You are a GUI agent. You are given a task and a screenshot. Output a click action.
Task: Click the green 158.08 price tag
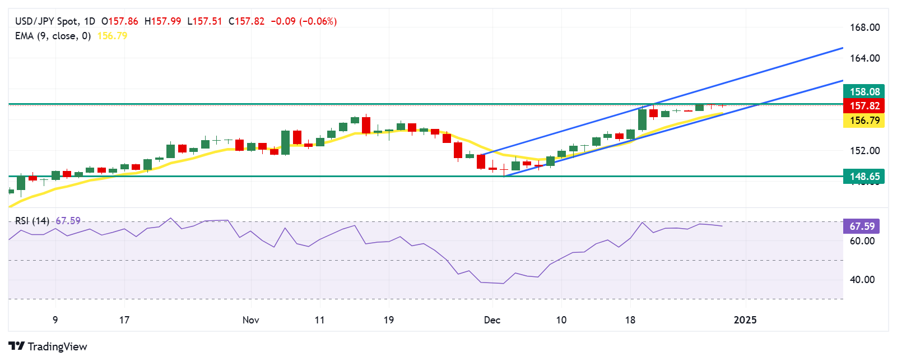[x=864, y=91]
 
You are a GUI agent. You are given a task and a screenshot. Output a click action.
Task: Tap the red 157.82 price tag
[x=864, y=106]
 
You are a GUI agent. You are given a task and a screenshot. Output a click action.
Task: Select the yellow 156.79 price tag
[x=864, y=121]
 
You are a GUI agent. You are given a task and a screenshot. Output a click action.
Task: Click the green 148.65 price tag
[x=864, y=177]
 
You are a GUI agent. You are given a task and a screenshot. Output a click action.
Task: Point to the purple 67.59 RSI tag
[x=861, y=226]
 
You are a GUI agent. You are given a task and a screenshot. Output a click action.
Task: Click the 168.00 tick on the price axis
[x=865, y=27]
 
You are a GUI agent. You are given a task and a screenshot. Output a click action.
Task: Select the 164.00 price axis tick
[x=865, y=58]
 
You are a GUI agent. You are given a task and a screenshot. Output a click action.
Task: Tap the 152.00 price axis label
[x=865, y=151]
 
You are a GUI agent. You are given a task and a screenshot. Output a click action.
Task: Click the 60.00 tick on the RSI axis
[x=862, y=241]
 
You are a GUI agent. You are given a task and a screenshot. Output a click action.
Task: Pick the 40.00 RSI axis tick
[x=862, y=280]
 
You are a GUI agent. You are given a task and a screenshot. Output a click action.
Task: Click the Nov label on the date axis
[x=250, y=320]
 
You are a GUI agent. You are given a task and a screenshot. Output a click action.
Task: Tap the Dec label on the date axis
[x=492, y=320]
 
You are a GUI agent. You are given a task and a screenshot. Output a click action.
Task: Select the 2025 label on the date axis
[x=745, y=320]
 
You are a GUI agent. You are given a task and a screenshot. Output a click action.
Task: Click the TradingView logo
[x=48, y=346]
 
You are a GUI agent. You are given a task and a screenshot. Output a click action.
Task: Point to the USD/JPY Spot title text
[x=47, y=21]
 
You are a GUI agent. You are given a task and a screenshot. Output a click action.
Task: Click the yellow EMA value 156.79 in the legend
[x=112, y=36]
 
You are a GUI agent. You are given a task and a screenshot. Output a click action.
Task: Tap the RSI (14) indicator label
[x=32, y=221]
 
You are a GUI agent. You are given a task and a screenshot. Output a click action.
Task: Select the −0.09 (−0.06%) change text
[x=304, y=21]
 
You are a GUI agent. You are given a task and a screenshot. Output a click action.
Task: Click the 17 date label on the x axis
[x=124, y=320]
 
